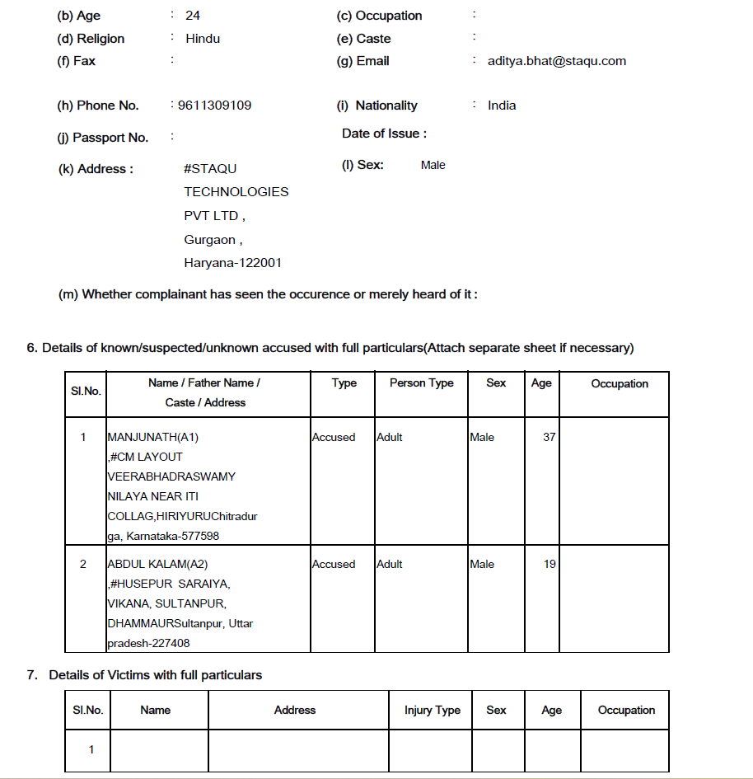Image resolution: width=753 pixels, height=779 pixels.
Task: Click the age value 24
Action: pos(193,16)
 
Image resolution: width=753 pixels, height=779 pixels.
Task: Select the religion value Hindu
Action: pos(203,39)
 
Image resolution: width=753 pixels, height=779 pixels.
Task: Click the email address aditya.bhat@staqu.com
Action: pos(556,61)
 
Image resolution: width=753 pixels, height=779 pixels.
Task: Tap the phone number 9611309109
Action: pos(213,106)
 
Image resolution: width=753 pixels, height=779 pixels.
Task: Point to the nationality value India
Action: pos(502,106)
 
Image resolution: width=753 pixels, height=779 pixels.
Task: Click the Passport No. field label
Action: pos(103,138)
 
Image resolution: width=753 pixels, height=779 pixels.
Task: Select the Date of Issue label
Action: pos(384,134)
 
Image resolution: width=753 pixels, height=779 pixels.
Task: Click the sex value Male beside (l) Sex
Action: pos(433,166)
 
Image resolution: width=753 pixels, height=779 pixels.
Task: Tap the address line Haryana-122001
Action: pos(232,264)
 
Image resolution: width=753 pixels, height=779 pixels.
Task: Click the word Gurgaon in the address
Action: pos(210,240)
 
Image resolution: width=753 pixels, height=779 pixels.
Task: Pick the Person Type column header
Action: pos(422,383)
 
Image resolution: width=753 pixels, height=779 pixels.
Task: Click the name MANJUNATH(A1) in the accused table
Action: pos(152,438)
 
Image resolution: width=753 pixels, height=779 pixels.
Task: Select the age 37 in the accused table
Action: pos(549,438)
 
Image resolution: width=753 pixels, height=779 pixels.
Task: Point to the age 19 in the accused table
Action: pos(549,565)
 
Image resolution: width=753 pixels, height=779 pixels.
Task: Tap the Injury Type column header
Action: pos(432,711)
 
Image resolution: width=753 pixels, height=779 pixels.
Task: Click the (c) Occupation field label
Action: pos(379,16)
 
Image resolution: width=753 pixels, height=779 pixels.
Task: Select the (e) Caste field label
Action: pos(363,39)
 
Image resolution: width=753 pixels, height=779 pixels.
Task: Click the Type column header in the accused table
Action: pos(344,383)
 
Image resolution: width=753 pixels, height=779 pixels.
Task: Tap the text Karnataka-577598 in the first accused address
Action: pos(173,537)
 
